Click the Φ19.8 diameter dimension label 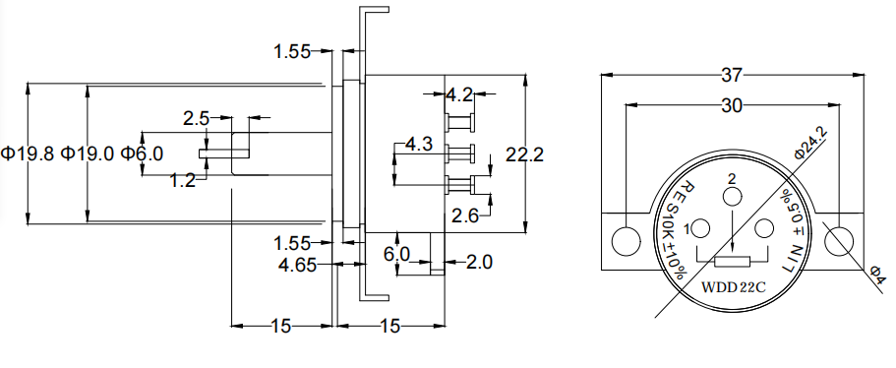point(28,153)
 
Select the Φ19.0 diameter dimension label point(88,153)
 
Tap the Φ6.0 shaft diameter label point(142,153)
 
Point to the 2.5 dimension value point(197,119)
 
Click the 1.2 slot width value point(183,181)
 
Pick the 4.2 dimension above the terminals point(459,94)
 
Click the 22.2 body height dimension point(524,154)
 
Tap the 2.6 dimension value point(466,216)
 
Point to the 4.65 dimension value point(297,265)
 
